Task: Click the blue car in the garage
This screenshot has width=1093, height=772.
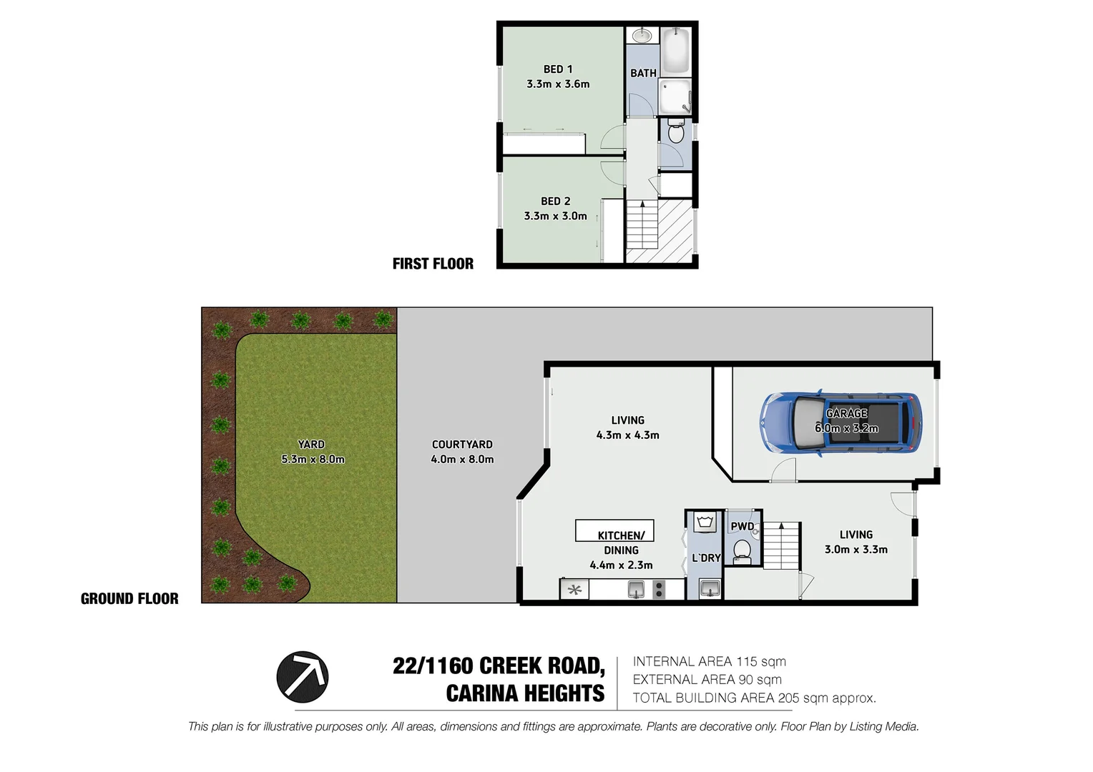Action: (840, 423)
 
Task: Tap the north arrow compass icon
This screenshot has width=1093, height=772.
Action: (303, 676)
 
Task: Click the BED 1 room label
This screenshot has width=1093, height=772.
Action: (558, 69)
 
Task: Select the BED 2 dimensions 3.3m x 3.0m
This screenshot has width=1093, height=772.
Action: (555, 216)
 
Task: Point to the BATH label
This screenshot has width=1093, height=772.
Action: (643, 73)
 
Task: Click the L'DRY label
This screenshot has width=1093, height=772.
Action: (706, 558)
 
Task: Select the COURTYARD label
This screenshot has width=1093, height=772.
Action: (462, 444)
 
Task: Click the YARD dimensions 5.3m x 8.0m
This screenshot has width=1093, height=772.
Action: (313, 460)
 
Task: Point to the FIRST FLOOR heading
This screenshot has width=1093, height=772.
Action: (433, 264)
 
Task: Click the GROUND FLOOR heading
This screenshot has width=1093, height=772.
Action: (129, 599)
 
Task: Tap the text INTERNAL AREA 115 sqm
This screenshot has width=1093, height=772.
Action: (709, 662)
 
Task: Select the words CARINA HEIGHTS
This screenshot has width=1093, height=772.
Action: (525, 693)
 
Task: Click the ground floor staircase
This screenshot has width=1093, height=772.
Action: (781, 545)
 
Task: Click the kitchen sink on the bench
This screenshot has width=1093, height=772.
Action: (636, 589)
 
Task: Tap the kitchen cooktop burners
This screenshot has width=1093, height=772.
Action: (659, 589)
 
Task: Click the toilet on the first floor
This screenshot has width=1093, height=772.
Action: (675, 132)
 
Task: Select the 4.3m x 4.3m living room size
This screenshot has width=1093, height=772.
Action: (627, 435)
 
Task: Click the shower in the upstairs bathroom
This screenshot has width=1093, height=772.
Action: (675, 96)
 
